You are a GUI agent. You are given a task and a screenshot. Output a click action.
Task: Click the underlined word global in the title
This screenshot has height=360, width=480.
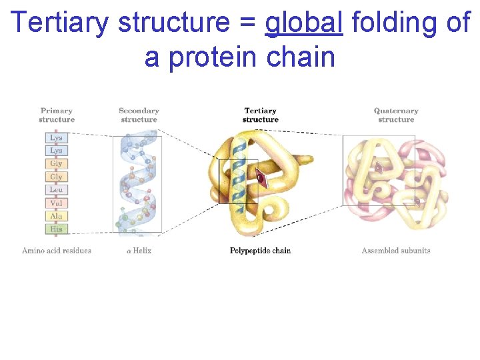point(303,23)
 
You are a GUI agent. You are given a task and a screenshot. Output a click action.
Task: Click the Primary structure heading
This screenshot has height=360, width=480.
point(56,115)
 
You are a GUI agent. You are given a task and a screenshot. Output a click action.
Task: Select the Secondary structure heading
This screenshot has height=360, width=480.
point(139,115)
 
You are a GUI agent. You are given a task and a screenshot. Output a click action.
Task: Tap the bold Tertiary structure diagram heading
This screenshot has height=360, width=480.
point(260,115)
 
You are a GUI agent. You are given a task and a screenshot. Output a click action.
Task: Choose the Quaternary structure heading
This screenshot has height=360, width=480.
point(396,115)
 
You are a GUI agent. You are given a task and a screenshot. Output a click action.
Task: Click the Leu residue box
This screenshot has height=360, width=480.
point(56,190)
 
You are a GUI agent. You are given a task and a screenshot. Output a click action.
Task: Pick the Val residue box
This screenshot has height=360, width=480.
point(56,203)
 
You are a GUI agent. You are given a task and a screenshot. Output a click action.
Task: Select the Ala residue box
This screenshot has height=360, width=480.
point(56,216)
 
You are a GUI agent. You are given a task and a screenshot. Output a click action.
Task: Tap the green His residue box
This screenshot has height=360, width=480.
point(56,229)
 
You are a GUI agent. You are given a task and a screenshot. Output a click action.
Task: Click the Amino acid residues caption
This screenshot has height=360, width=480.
point(57,251)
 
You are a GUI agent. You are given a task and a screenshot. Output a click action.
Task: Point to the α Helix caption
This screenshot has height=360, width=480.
point(139,251)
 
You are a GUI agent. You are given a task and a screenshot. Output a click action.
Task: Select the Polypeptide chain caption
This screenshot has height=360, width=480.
point(260,251)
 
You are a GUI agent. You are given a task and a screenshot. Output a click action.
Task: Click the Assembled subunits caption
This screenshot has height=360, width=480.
point(396,251)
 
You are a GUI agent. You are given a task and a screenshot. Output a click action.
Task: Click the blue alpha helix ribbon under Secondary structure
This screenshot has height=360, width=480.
point(138,183)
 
